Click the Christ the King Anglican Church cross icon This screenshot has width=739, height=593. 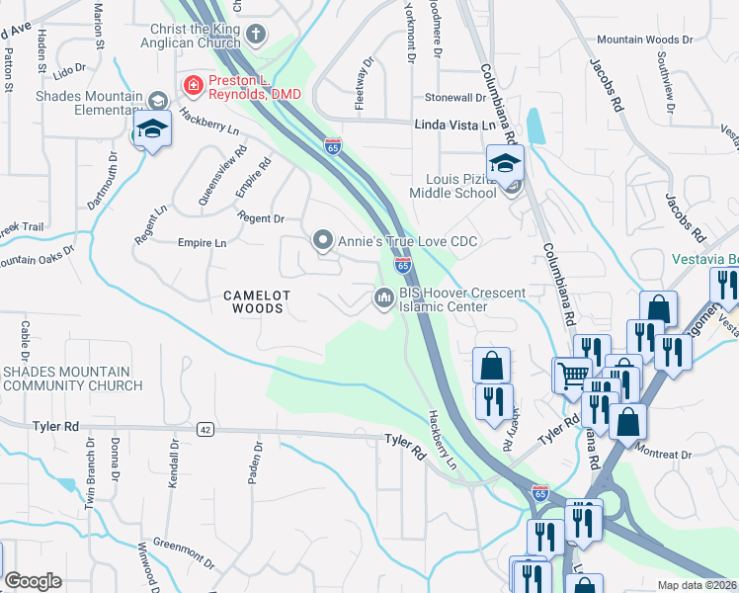point(256,36)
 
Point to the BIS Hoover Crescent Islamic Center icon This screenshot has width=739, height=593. point(383,297)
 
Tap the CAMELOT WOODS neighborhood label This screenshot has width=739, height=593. point(254,301)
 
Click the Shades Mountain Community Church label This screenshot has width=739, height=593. point(71,378)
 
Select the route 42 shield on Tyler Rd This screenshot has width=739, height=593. point(205,430)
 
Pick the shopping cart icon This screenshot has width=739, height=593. point(570,375)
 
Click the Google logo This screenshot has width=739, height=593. point(33,581)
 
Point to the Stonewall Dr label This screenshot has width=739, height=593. point(455,98)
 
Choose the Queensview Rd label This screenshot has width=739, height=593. point(220,178)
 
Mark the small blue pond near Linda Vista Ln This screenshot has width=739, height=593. point(534,127)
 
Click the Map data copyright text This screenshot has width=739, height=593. point(697,585)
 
